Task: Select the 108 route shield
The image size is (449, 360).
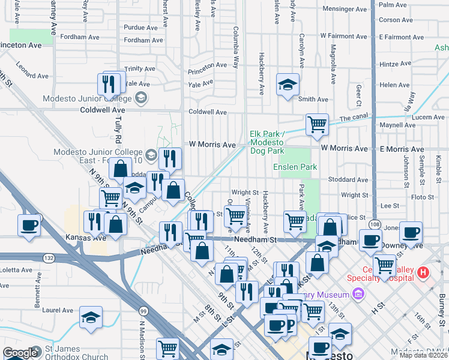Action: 375,224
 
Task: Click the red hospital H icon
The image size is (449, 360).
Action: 424,273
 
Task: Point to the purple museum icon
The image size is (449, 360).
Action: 358,294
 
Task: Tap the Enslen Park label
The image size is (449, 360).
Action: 295,167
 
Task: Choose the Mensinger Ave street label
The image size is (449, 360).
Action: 345,9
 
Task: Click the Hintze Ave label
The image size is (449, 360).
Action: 395,64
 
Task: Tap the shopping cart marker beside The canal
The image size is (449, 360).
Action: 317,125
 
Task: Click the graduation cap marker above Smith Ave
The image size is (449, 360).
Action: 288,84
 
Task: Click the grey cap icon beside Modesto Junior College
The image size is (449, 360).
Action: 141,98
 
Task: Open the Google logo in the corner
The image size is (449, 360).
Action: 20,353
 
